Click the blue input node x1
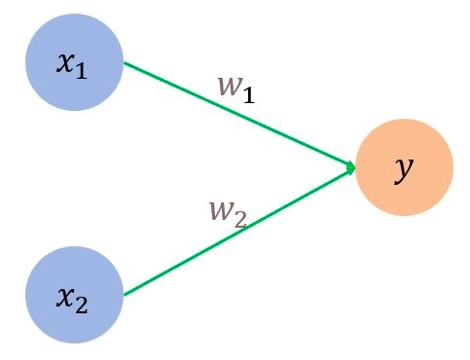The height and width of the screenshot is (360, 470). (x=74, y=64)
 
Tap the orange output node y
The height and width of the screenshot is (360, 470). (x=405, y=168)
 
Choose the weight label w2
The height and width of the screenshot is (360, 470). (x=229, y=211)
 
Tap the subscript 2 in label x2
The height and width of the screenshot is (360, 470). (x=83, y=306)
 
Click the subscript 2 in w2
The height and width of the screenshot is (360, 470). (x=241, y=218)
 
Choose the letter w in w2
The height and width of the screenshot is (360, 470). (x=220, y=208)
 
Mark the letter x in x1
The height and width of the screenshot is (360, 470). (x=65, y=65)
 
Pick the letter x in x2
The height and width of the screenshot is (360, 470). (x=64, y=297)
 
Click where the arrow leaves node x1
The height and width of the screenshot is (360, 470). (x=124, y=64)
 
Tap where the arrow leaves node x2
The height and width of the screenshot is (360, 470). (x=124, y=294)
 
